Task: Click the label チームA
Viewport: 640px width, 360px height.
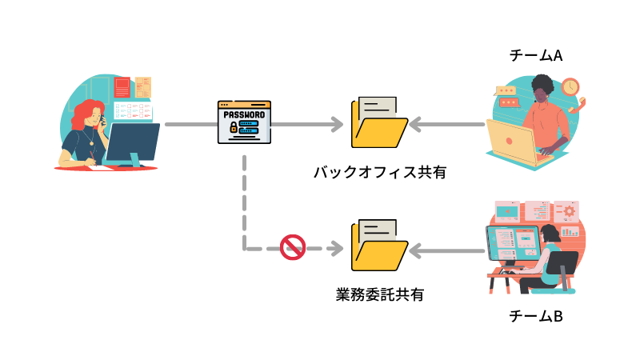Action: pyautogui.click(x=536, y=56)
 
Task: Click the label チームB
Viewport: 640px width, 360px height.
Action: pyautogui.click(x=536, y=316)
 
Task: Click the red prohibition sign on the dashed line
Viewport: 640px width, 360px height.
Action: pyautogui.click(x=293, y=247)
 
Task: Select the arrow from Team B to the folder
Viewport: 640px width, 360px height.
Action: pyautogui.click(x=448, y=250)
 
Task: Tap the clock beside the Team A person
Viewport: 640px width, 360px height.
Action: pyautogui.click(x=570, y=86)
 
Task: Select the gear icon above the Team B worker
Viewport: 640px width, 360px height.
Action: pyautogui.click(x=570, y=211)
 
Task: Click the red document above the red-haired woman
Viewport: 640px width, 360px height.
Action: pyautogui.click(x=122, y=86)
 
